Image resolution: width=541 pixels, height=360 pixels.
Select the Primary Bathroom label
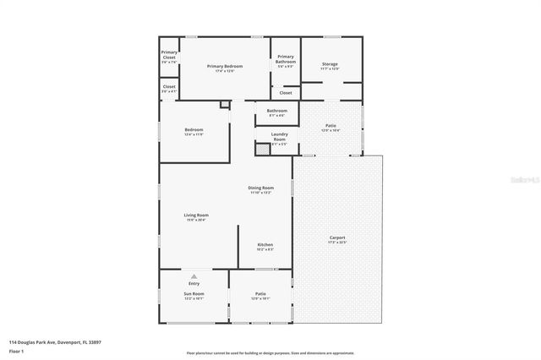pyautogui.click(x=286, y=58)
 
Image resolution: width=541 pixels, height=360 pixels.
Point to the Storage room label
pyautogui.click(x=330, y=63)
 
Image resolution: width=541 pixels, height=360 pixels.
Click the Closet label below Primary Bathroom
pyautogui.click(x=286, y=92)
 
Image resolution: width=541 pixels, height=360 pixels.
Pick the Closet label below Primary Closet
pyautogui.click(x=169, y=86)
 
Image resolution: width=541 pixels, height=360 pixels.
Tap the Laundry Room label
pyautogui.click(x=279, y=136)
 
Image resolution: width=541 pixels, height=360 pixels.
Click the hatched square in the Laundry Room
pyautogui.click(x=262, y=148)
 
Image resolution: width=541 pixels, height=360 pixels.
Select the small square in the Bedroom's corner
pyautogui.click(x=224, y=105)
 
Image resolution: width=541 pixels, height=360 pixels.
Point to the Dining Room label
pyautogui.click(x=260, y=188)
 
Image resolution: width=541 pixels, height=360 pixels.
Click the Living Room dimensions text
pyautogui.click(x=196, y=221)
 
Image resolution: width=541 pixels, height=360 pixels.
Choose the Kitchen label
pyautogui.click(x=265, y=244)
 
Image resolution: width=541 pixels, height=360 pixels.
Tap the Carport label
pyautogui.click(x=336, y=237)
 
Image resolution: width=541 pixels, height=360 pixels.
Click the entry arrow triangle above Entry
pyautogui.click(x=194, y=276)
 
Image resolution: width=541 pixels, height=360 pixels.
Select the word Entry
pyautogui.click(x=194, y=283)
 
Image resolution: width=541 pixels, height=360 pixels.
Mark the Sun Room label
pyautogui.click(x=194, y=294)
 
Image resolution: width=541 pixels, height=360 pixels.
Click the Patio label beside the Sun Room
pyautogui.click(x=260, y=294)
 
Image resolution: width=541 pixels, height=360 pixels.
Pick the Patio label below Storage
pyautogui.click(x=330, y=126)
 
